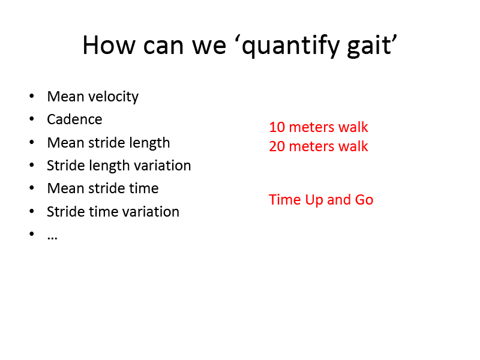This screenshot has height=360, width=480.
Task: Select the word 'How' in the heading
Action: click(x=109, y=45)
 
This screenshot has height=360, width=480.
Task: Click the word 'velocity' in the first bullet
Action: click(x=113, y=97)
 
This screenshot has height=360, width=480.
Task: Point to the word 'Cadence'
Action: click(x=74, y=119)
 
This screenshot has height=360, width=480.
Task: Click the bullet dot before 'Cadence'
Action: click(x=32, y=119)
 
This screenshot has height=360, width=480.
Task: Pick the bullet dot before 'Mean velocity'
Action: click(x=32, y=96)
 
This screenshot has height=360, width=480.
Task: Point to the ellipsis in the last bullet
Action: click(x=52, y=238)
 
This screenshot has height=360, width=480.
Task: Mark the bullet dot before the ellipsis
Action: click(x=32, y=233)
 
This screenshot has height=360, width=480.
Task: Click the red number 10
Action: click(x=277, y=127)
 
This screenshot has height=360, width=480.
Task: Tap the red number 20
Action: click(x=277, y=146)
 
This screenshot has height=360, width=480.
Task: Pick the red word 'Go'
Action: click(x=364, y=200)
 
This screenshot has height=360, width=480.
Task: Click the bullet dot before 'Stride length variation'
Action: click(x=32, y=165)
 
